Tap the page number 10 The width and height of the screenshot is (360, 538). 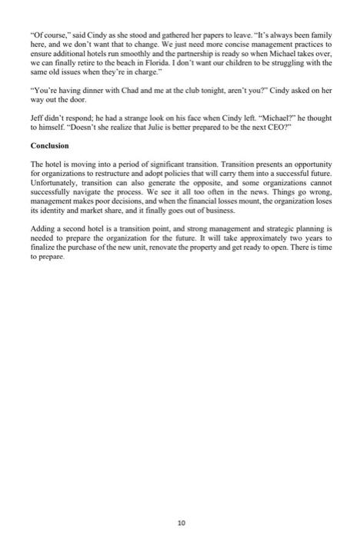(181, 500)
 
